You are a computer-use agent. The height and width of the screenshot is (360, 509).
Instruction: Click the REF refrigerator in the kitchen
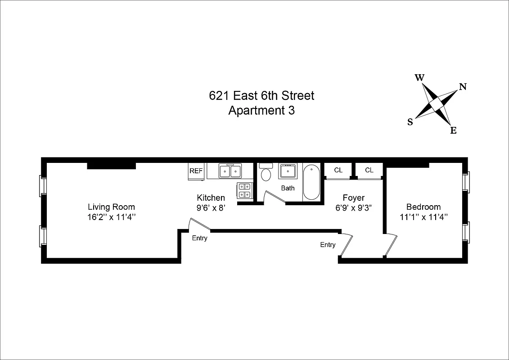point(196,171)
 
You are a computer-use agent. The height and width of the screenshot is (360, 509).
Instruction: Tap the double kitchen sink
point(230,171)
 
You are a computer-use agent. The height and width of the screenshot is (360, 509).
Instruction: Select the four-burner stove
point(244,190)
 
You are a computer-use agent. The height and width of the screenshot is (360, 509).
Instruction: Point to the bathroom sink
point(287,171)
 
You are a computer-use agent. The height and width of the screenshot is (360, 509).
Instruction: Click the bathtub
point(311,183)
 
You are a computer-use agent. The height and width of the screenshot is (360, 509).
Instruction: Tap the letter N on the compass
point(462,87)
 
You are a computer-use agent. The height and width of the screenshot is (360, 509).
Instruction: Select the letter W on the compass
point(419,77)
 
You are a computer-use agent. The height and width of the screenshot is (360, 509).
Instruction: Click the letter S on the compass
point(410,122)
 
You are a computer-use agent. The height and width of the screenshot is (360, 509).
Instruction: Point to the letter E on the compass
point(453,131)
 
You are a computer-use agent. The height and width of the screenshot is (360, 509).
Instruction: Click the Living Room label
point(111,207)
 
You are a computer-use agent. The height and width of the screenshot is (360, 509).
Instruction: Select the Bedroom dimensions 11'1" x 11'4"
point(423,217)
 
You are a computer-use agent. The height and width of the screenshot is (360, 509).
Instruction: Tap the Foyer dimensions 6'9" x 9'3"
point(353,207)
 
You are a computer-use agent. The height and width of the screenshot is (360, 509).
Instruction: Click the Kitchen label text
point(211,198)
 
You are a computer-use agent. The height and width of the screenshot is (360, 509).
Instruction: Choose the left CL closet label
point(338,170)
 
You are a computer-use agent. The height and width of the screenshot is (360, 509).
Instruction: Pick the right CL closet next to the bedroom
point(369,170)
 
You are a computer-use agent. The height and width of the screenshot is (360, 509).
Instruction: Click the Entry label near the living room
point(199,238)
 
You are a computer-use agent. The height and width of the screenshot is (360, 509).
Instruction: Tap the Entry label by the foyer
point(328,245)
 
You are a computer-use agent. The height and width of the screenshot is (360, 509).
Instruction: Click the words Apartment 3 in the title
point(261,111)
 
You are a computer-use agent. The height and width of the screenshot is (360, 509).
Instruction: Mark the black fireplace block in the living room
point(111,166)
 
